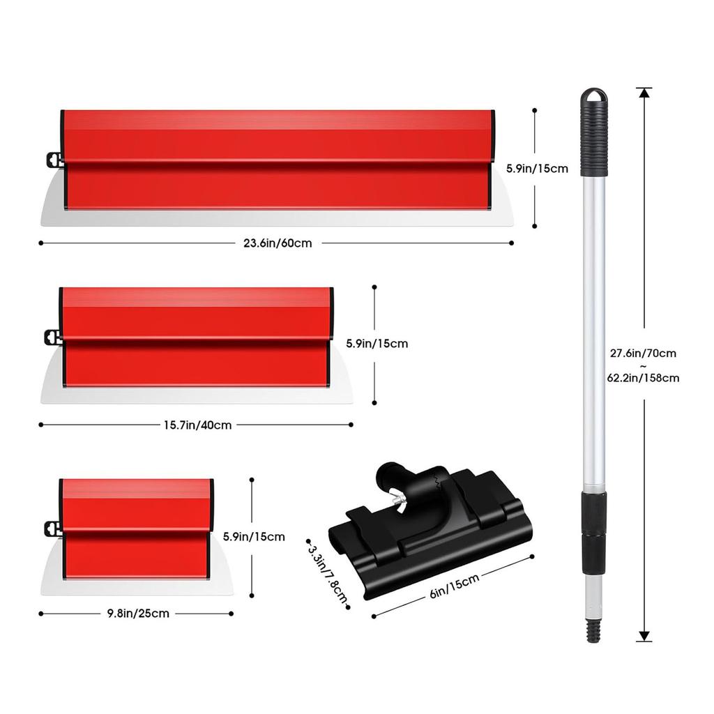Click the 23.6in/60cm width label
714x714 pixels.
[278, 243]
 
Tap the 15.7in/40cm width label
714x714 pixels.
[198, 425]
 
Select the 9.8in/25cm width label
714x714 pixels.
[138, 614]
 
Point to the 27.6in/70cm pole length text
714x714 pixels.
[644, 354]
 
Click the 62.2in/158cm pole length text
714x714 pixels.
[644, 378]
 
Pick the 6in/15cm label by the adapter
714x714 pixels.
[454, 584]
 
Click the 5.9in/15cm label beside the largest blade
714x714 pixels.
[537, 168]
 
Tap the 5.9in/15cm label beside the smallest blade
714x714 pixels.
[254, 536]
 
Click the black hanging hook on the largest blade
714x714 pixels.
[51, 159]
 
